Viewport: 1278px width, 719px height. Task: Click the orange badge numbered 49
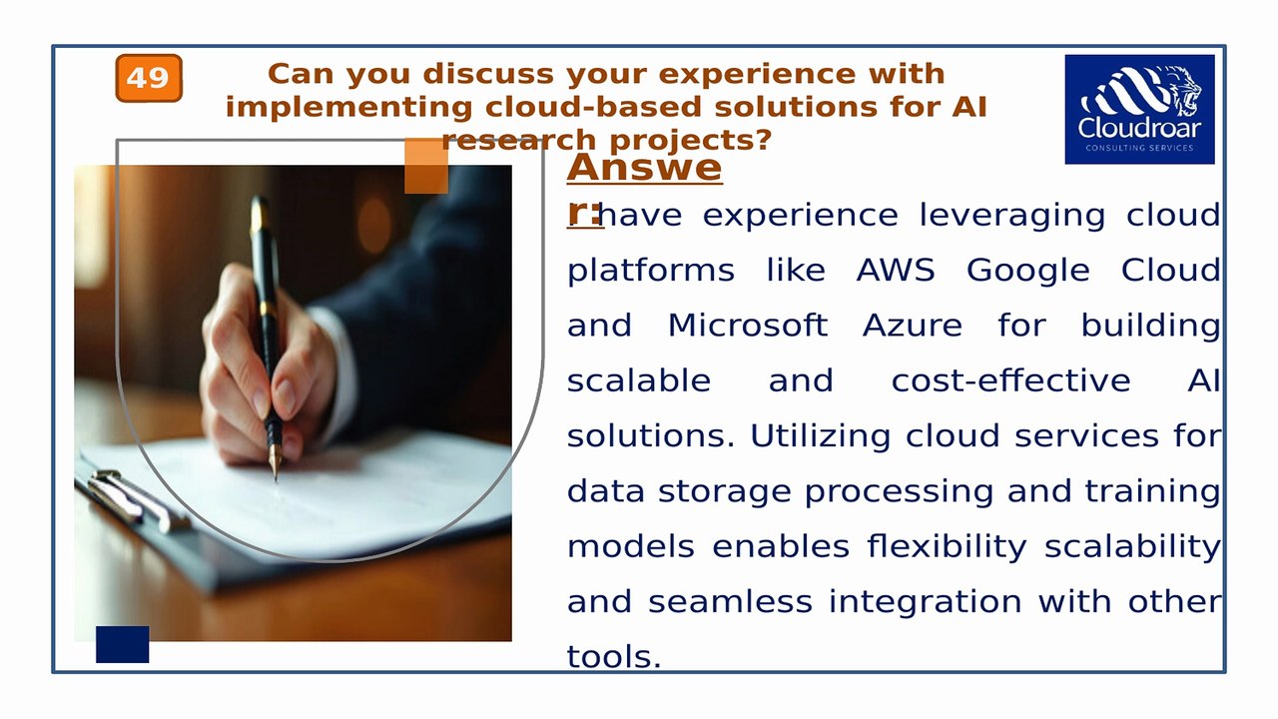[x=149, y=79]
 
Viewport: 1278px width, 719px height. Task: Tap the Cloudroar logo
[x=1139, y=109]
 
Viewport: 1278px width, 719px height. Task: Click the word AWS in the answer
[x=895, y=271]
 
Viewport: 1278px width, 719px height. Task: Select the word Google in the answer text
[x=1027, y=271]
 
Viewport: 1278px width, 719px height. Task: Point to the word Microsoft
[x=747, y=326]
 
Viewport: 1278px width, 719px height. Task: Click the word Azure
[x=912, y=326]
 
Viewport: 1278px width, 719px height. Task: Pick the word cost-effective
[x=1010, y=380]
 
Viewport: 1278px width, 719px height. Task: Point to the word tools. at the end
[x=614, y=657]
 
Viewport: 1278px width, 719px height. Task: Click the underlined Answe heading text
[x=644, y=167]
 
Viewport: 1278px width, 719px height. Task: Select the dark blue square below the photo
[x=122, y=644]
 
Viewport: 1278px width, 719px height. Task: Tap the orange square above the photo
[x=426, y=166]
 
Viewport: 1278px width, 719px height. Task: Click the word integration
[x=925, y=602]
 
